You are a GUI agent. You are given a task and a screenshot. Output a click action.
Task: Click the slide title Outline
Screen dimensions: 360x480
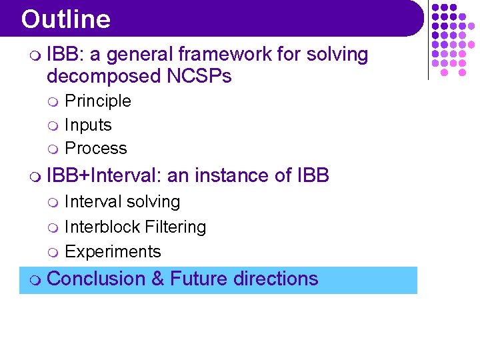coord(65,19)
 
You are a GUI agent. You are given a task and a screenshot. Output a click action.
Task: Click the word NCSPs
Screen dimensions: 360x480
coord(197,77)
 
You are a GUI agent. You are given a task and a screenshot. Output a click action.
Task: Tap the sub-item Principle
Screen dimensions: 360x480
coord(98,101)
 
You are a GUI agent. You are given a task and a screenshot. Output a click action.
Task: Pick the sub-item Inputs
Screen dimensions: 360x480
coord(88,125)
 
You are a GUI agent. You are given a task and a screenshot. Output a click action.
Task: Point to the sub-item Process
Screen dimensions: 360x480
coord(96,149)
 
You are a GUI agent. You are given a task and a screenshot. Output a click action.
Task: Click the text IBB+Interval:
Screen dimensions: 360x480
coord(105,176)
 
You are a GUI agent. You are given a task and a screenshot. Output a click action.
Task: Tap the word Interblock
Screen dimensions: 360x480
coord(97,227)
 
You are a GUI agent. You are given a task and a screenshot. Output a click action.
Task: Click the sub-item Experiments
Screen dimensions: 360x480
coord(113,252)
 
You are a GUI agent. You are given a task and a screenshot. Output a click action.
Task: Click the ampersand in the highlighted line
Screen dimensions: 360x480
coord(158,279)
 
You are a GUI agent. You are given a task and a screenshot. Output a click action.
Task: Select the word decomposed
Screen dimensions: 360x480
coord(102,77)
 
